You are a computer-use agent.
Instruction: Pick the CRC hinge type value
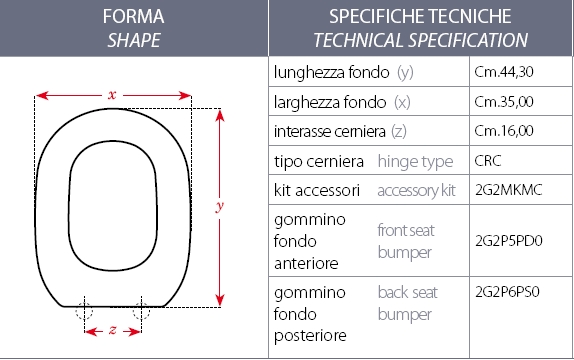click(490, 160)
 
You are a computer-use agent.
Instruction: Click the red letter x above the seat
click(113, 94)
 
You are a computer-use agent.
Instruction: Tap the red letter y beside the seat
click(220, 206)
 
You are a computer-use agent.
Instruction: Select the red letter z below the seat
click(113, 330)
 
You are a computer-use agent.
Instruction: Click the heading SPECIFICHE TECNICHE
click(420, 17)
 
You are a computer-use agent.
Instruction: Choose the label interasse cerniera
click(334, 131)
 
